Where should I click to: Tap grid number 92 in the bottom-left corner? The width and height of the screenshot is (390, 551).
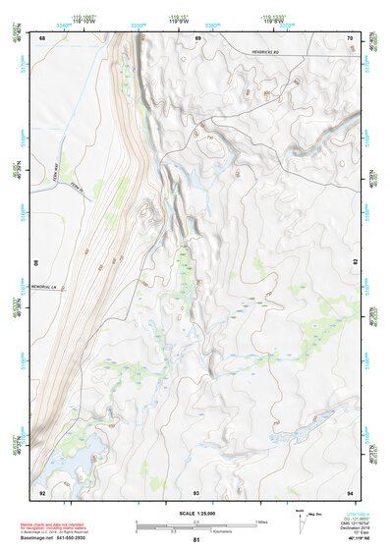(x=42, y=491)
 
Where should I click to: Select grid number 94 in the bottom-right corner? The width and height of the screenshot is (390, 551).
(x=351, y=491)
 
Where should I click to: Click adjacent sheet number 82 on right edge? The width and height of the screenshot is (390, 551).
(x=356, y=263)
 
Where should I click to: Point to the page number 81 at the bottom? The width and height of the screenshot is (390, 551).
(x=196, y=540)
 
